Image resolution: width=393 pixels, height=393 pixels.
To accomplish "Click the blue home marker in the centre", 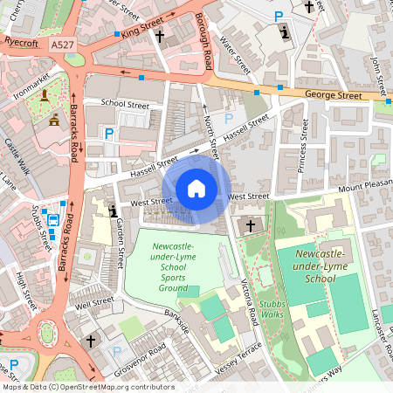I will pyautogui.click(x=196, y=189).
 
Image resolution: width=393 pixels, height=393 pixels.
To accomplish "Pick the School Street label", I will pyautogui.click(x=125, y=102).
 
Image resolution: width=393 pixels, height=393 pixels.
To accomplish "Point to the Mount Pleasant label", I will pyautogui.click(x=364, y=188).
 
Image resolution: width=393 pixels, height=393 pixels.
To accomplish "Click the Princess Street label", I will pyautogui.click(x=303, y=140).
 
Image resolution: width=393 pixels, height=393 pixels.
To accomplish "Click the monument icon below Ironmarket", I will pyautogui.click(x=54, y=118).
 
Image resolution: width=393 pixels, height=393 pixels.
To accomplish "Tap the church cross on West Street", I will pyautogui.click(x=251, y=225).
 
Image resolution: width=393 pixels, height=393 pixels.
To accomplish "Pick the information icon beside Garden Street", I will pyautogui.click(x=113, y=210).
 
